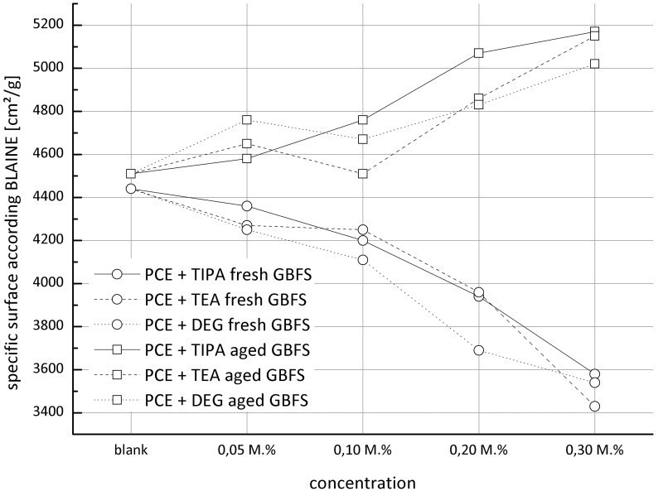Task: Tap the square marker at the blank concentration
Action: (x=131, y=174)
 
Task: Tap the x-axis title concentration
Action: (x=362, y=481)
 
